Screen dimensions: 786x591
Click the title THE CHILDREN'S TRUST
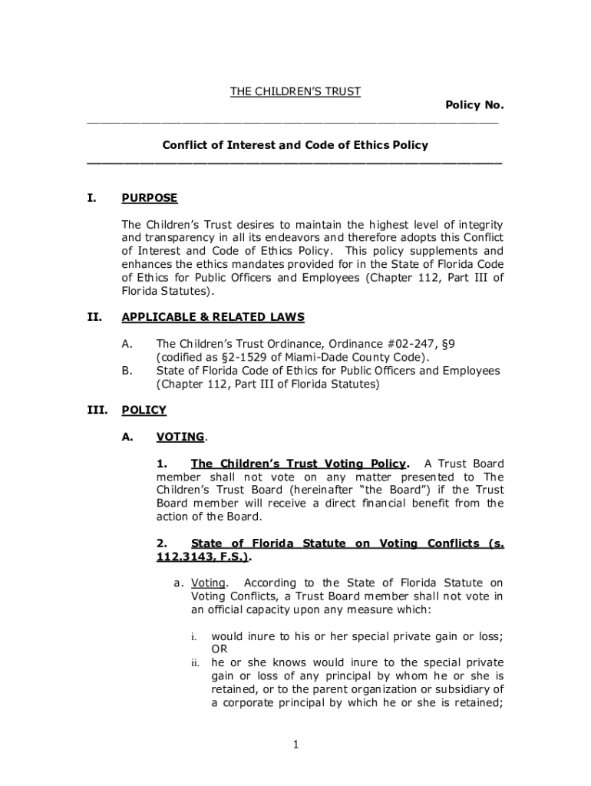tap(295, 92)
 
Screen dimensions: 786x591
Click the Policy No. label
tap(474, 105)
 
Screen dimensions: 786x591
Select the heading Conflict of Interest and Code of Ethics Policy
tap(295, 145)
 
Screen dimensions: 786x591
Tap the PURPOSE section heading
tap(150, 198)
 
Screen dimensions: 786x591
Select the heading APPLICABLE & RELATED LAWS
tap(213, 317)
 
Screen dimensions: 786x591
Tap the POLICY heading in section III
tap(144, 410)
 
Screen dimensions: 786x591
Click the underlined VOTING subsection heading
tap(180, 437)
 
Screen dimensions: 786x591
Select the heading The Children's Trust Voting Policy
tap(299, 464)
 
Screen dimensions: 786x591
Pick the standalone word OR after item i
tap(219, 649)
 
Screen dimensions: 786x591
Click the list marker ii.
tap(196, 662)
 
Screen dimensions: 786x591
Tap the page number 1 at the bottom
tap(295, 744)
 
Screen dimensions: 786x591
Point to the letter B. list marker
tap(127, 371)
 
